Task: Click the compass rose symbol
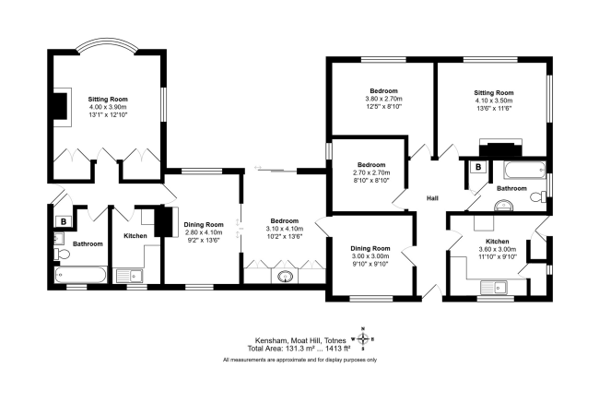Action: tap(363, 339)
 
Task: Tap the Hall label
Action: tap(432, 198)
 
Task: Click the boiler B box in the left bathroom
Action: tap(64, 221)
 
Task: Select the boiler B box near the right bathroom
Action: tap(478, 167)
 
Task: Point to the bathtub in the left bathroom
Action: tap(80, 275)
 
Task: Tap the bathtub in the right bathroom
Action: tap(524, 170)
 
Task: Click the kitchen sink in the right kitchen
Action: tap(494, 288)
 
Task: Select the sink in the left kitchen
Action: tap(130, 276)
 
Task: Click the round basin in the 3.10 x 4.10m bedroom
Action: tap(285, 276)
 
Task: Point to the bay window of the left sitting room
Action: tap(107, 44)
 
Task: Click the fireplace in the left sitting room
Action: tap(61, 107)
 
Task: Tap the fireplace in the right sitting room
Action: tap(500, 148)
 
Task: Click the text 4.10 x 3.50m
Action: tap(494, 101)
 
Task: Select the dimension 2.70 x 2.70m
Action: tap(371, 172)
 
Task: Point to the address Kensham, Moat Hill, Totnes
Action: tap(300, 340)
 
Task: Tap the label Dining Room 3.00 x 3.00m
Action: tap(370, 252)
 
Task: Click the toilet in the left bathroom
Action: tap(62, 254)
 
